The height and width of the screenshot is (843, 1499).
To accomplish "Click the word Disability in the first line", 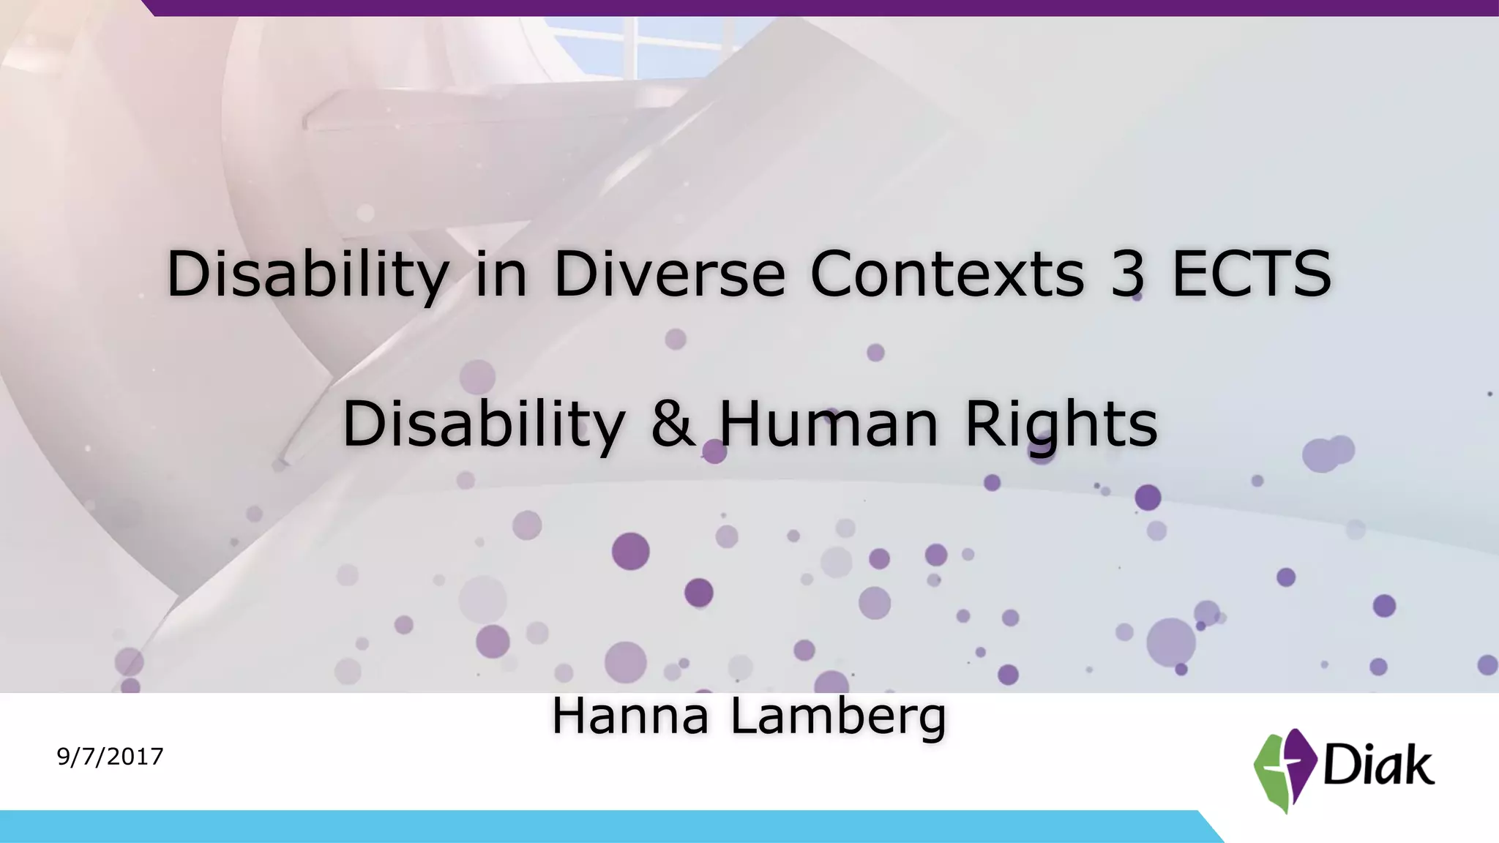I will (307, 275).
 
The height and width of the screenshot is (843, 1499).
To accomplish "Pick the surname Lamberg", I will (839, 717).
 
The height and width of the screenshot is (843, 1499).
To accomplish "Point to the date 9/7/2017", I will (110, 757).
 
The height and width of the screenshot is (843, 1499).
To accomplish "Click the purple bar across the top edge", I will (805, 7).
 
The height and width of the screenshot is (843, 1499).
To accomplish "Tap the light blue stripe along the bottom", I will (586, 827).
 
